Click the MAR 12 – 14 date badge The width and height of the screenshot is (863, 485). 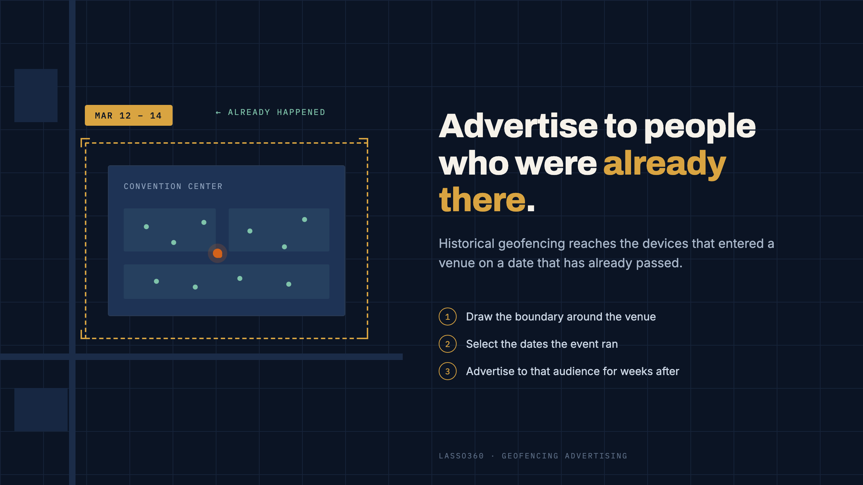128,115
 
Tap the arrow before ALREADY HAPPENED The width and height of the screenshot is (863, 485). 218,113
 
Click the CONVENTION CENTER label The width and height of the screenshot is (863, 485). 173,186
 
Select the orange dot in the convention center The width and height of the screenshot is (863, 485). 218,253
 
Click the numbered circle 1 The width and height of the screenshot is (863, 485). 448,317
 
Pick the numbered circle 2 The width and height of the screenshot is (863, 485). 448,344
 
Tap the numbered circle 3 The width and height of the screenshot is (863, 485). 448,371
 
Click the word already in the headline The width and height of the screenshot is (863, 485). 665,164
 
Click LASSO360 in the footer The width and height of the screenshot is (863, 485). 461,456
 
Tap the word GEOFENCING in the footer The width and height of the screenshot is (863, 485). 530,456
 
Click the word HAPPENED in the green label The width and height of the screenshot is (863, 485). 301,112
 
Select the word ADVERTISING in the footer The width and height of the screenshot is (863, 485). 596,456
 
